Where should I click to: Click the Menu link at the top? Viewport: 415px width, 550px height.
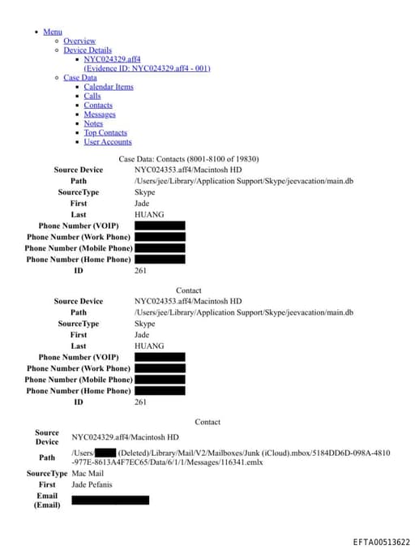tap(53, 32)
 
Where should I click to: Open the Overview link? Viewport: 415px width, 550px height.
tap(79, 41)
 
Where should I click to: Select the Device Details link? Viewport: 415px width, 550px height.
tap(88, 50)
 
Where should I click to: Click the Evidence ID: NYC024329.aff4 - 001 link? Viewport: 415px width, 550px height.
tap(147, 68)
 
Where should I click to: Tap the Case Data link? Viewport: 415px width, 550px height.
tap(79, 78)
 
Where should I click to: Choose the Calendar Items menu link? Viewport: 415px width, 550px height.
tap(109, 87)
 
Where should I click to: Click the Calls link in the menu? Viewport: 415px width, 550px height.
tap(92, 96)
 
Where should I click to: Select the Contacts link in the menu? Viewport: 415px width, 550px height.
tap(98, 105)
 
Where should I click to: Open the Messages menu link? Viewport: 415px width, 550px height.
tap(100, 114)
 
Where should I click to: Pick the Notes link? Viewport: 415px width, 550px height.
tap(93, 123)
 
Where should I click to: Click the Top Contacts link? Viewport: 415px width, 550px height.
tap(105, 132)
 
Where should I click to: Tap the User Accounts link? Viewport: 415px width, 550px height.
tap(108, 142)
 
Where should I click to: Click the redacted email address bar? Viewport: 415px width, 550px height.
tap(110, 501)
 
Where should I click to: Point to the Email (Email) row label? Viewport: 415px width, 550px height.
tap(47, 501)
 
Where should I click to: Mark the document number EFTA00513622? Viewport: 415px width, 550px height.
tap(381, 542)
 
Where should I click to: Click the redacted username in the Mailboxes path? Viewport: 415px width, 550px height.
tap(105, 453)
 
